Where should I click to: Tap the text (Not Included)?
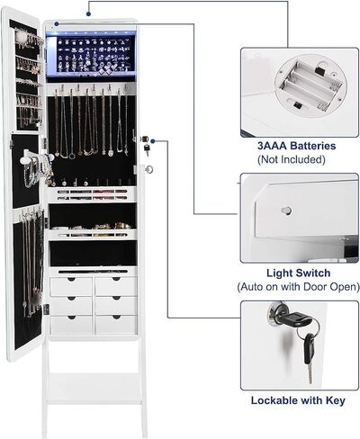click(292, 159)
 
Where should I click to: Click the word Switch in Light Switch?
click(314, 273)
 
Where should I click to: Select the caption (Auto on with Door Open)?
click(298, 287)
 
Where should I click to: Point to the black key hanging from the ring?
click(309, 357)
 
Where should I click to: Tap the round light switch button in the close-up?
click(286, 211)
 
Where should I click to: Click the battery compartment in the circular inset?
click(310, 85)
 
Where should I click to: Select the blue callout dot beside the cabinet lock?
click(153, 141)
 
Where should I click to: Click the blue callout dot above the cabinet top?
click(88, 13)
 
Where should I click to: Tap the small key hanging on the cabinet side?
click(147, 149)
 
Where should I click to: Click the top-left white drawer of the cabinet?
click(71, 286)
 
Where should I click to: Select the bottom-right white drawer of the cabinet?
click(116, 324)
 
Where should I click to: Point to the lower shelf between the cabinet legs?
click(94, 389)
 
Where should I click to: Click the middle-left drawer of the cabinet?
click(71, 306)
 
